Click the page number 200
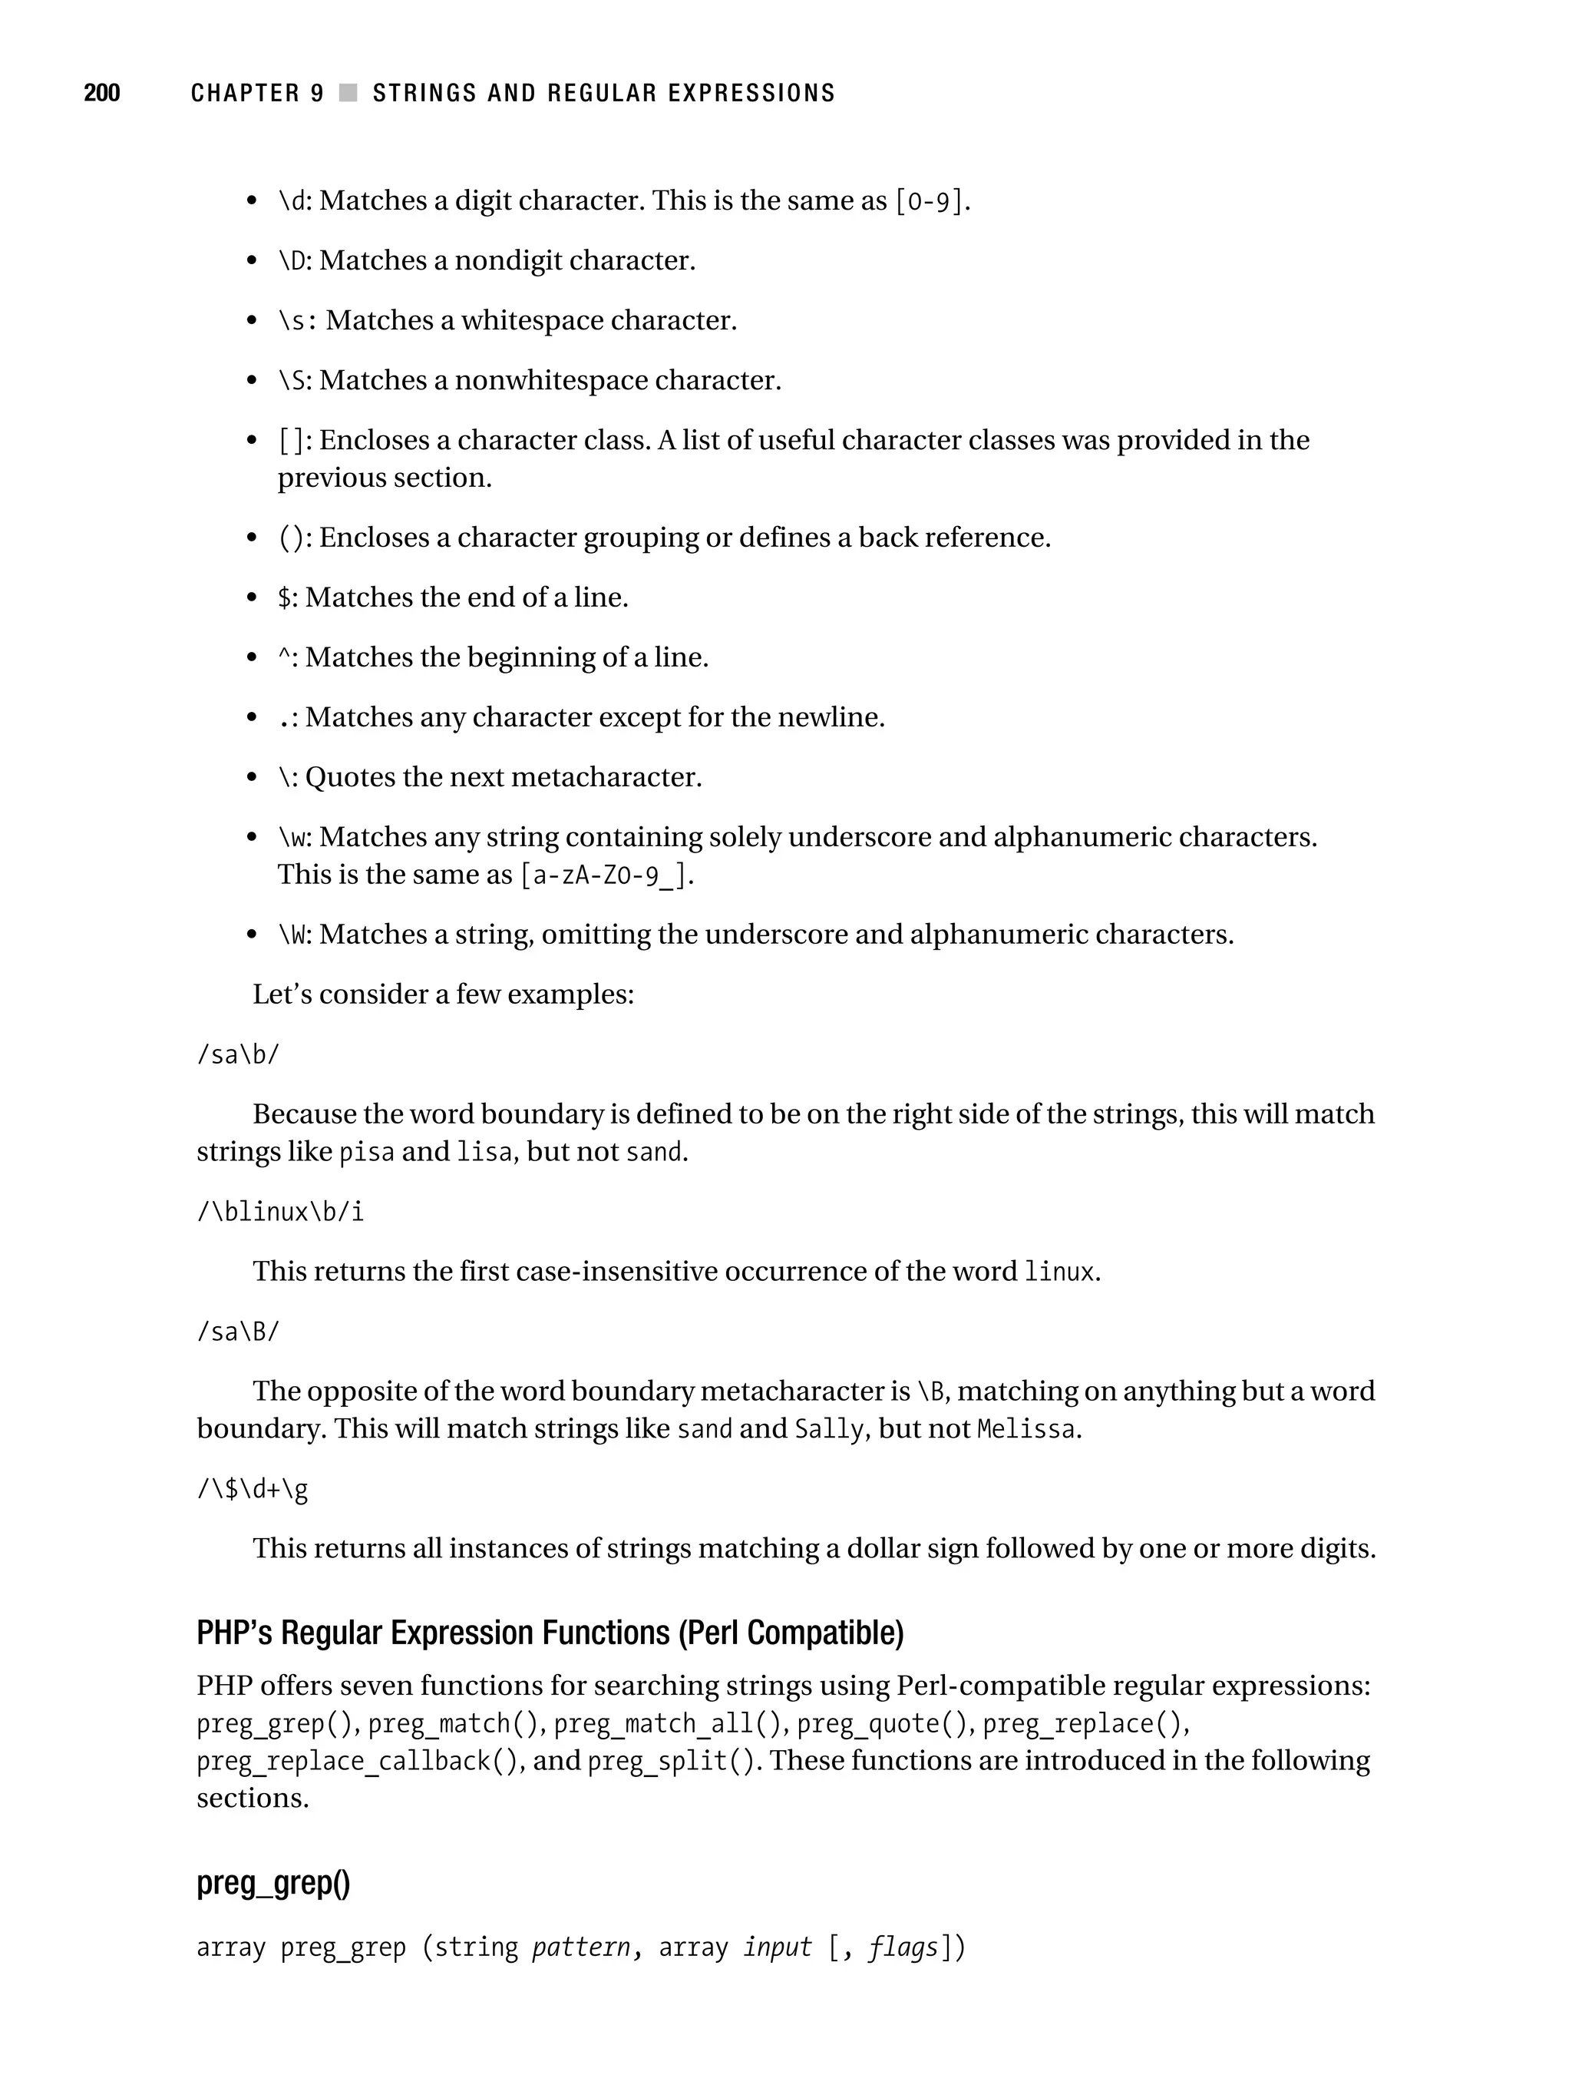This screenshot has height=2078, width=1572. pyautogui.click(x=101, y=93)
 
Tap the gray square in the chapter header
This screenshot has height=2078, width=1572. pyautogui.click(x=348, y=93)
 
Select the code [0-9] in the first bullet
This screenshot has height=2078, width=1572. pyautogui.click(x=929, y=202)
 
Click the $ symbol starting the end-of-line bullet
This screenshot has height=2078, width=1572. pyautogui.click(x=285, y=597)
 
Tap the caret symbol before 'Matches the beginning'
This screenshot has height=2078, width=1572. pyautogui.click(x=283, y=656)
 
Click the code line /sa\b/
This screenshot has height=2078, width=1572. pyautogui.click(x=238, y=1055)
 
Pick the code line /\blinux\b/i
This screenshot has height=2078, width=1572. pyautogui.click(x=280, y=1212)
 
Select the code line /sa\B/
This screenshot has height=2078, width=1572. pyautogui.click(x=238, y=1332)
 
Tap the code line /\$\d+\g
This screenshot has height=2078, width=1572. pyautogui.click(x=252, y=1489)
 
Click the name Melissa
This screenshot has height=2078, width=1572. pyautogui.click(x=1025, y=1430)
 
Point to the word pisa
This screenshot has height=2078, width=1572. pyautogui.click(x=366, y=1153)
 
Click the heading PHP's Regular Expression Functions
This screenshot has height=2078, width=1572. pyautogui.click(x=550, y=1633)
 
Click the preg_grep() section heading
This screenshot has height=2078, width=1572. pyautogui.click(x=272, y=1883)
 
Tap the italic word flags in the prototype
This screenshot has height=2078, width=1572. pyautogui.click(x=903, y=1947)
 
